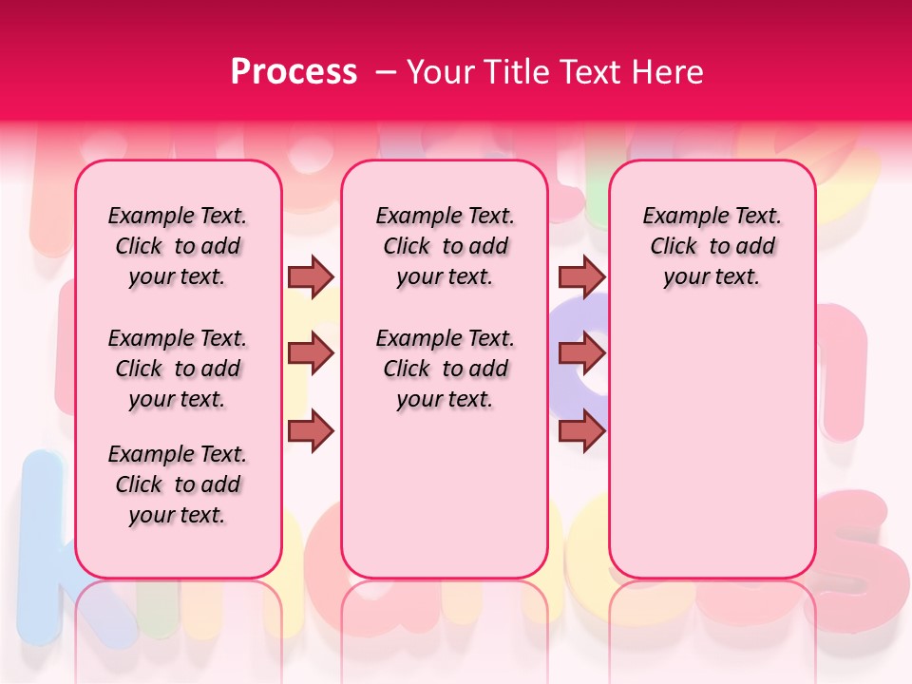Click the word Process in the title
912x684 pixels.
click(x=293, y=72)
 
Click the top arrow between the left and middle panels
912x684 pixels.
click(x=311, y=276)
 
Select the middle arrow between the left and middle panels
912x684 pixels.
click(x=311, y=353)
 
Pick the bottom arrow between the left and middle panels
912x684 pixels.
click(x=311, y=430)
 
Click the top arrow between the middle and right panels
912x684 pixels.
click(x=581, y=276)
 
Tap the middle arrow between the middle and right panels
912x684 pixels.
click(x=581, y=353)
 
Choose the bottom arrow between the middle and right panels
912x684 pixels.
click(x=581, y=430)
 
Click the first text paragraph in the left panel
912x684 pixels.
click(x=178, y=246)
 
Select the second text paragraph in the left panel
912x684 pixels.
click(x=178, y=369)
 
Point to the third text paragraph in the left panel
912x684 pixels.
click(x=178, y=484)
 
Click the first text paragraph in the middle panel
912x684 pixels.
click(x=446, y=246)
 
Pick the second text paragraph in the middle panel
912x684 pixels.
click(x=446, y=369)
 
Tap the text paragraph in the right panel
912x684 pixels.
click(x=712, y=246)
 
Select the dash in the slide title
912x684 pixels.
click(x=386, y=72)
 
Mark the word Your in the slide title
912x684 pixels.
click(x=441, y=72)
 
